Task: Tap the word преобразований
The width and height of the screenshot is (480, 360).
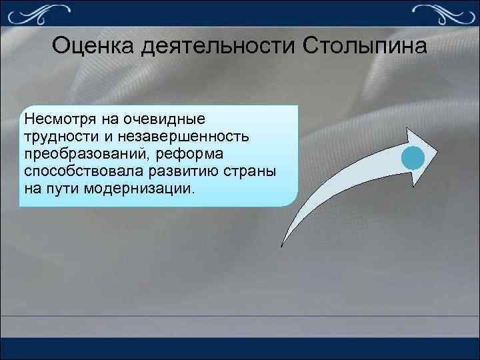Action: [82, 154]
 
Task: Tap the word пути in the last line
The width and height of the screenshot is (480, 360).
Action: [62, 189]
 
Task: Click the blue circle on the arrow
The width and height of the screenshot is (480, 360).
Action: [413, 158]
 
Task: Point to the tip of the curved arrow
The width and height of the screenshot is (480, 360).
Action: [437, 147]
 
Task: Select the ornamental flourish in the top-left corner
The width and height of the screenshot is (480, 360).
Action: [40, 11]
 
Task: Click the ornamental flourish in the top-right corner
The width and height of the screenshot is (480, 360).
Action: [440, 11]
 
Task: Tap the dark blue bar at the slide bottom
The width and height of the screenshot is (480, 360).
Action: [240, 350]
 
